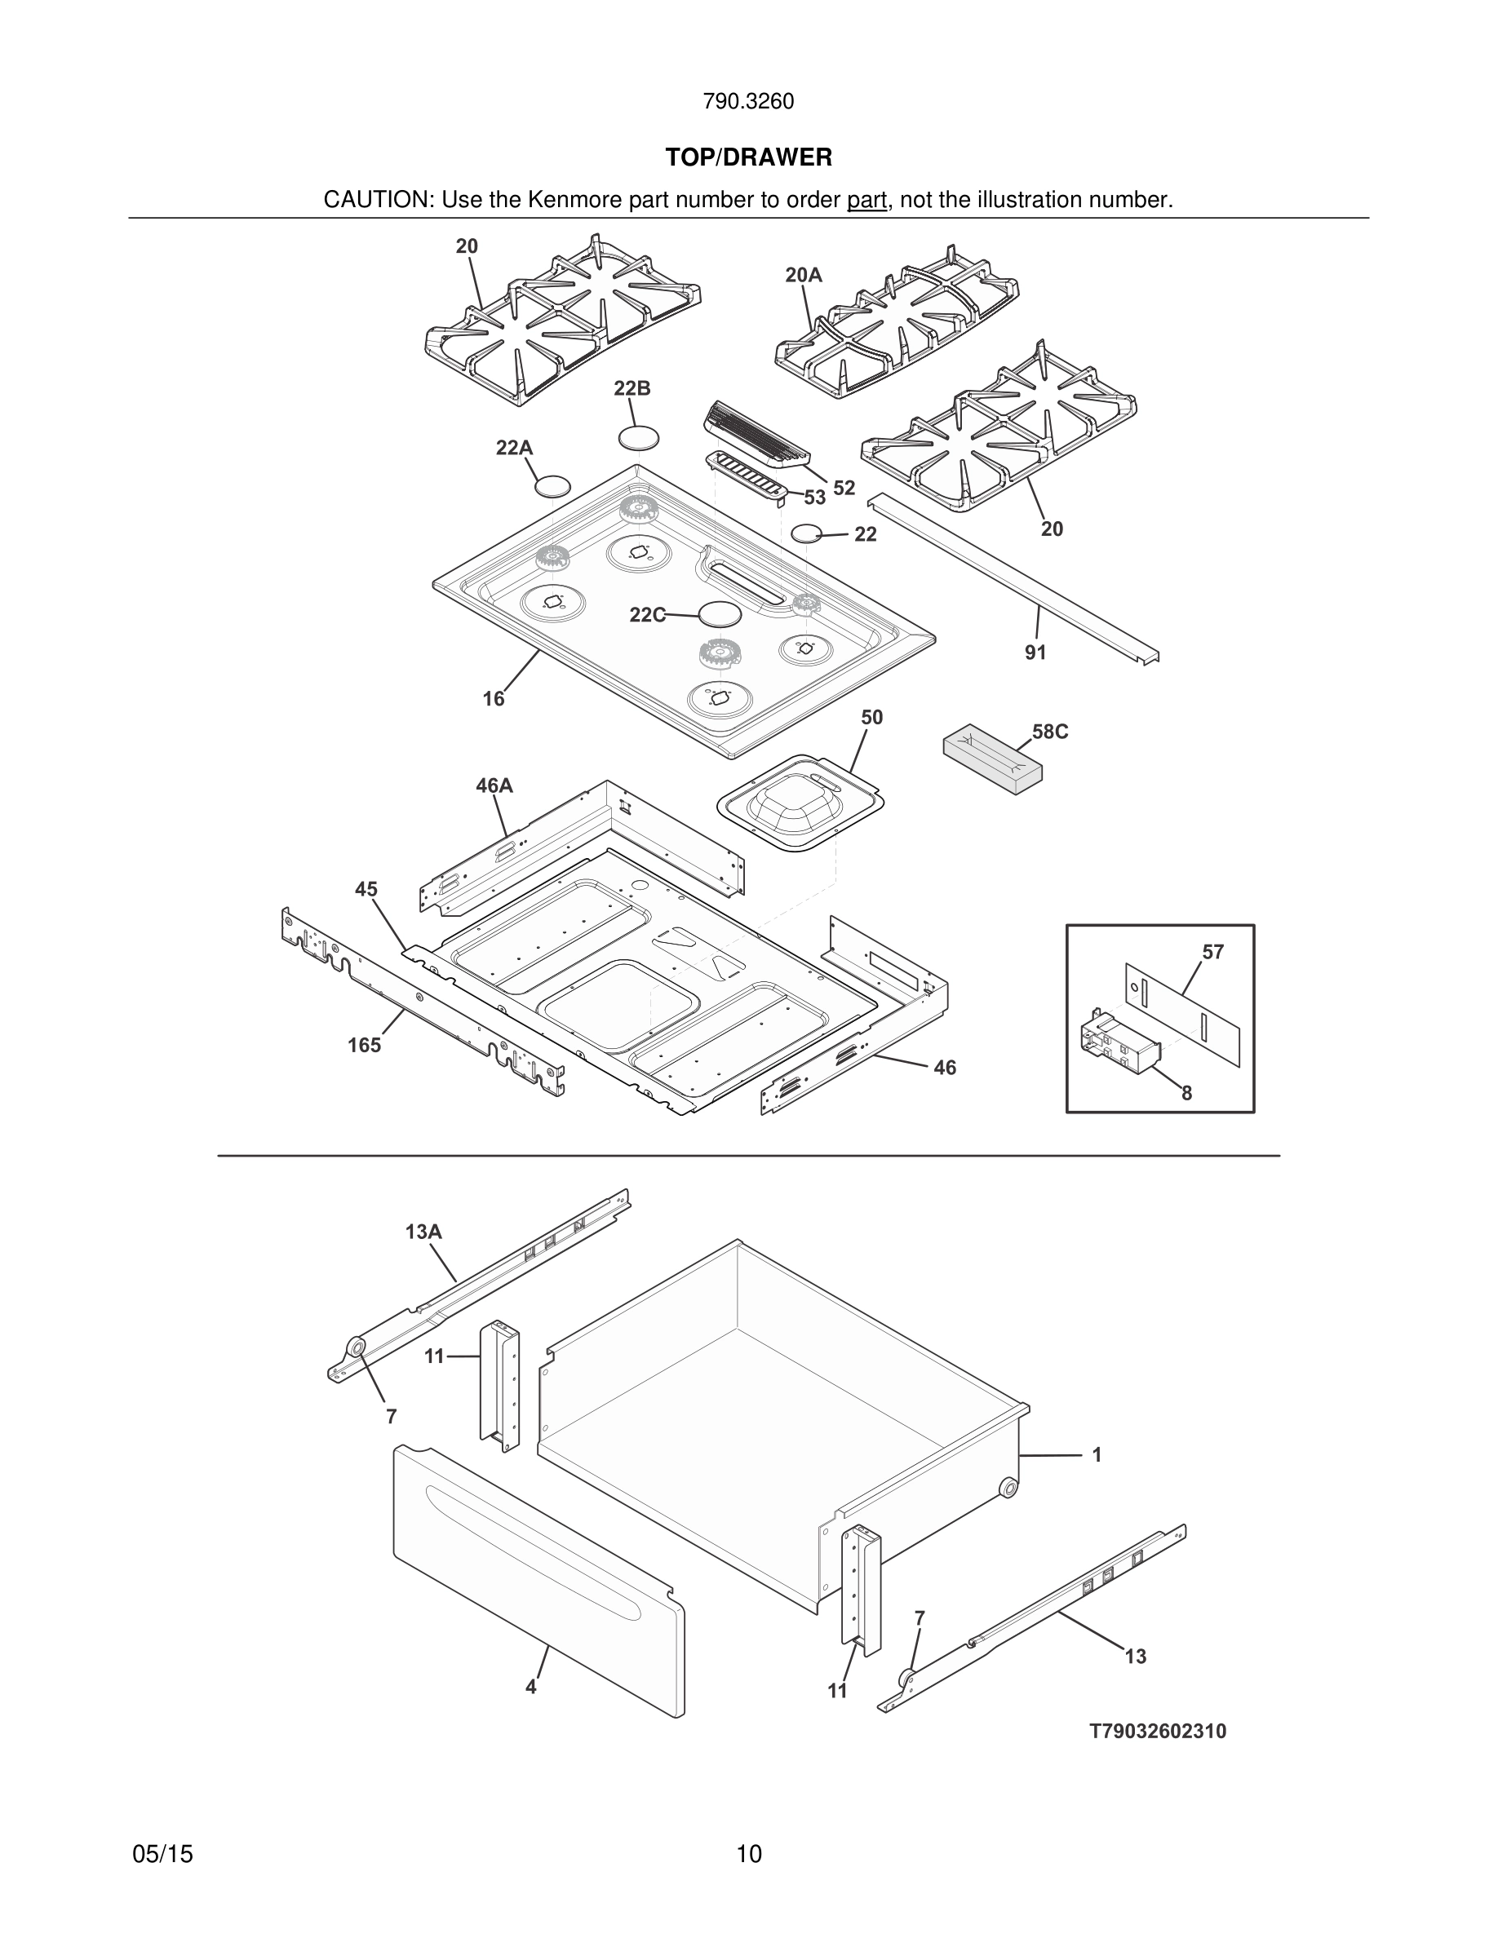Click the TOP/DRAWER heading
click(748, 158)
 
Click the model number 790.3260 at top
click(748, 102)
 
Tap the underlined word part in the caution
click(866, 201)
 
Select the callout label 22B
click(632, 389)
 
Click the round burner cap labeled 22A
click(552, 486)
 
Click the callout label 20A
click(803, 276)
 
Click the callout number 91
click(1035, 653)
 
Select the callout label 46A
click(494, 786)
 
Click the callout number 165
click(364, 1046)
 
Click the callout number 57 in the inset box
click(1212, 952)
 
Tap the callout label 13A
click(423, 1232)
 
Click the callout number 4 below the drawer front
click(530, 1687)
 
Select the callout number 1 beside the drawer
click(1097, 1454)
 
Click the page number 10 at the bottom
click(748, 1854)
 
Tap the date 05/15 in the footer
click(162, 1854)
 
